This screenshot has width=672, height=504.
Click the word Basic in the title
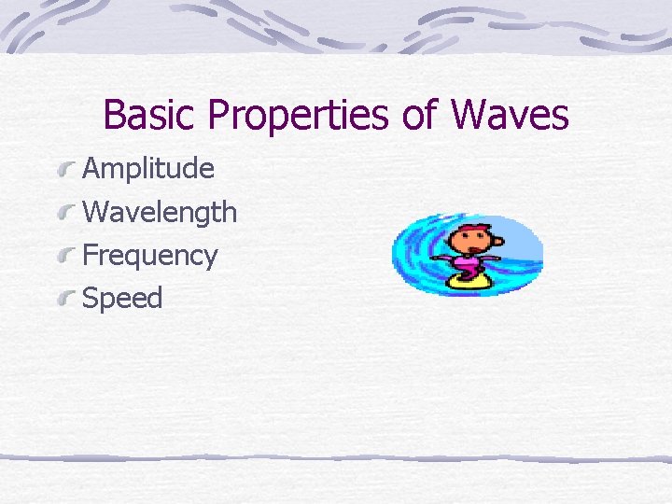point(151,116)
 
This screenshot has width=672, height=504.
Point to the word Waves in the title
point(510,116)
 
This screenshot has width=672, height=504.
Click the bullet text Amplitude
point(148,169)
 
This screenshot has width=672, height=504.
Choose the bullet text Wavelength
point(160,212)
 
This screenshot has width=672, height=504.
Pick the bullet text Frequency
point(150,256)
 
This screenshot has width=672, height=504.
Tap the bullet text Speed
point(122,299)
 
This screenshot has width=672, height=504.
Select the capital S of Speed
point(91,299)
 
